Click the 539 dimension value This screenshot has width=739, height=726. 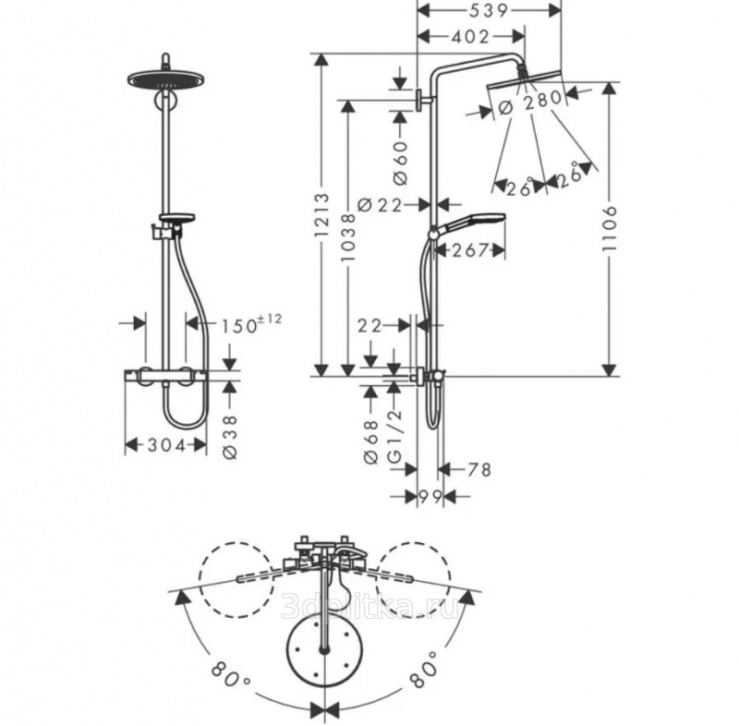(489, 10)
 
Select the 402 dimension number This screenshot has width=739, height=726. (470, 36)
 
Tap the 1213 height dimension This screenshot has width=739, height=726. (322, 215)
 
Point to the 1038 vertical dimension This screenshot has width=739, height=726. (348, 238)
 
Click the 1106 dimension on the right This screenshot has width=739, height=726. (610, 228)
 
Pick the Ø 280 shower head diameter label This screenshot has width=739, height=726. (530, 103)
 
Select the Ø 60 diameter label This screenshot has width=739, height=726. (400, 163)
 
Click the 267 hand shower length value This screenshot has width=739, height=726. (469, 250)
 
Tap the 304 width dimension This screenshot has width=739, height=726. (167, 445)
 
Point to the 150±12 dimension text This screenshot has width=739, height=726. (251, 324)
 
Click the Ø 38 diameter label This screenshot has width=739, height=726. (230, 437)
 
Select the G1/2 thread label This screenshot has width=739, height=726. (395, 436)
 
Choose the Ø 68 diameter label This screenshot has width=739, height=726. (372, 442)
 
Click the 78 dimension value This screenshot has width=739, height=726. (479, 469)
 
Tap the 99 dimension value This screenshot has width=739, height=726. (430, 496)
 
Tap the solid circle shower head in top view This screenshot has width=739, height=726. (324, 648)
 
